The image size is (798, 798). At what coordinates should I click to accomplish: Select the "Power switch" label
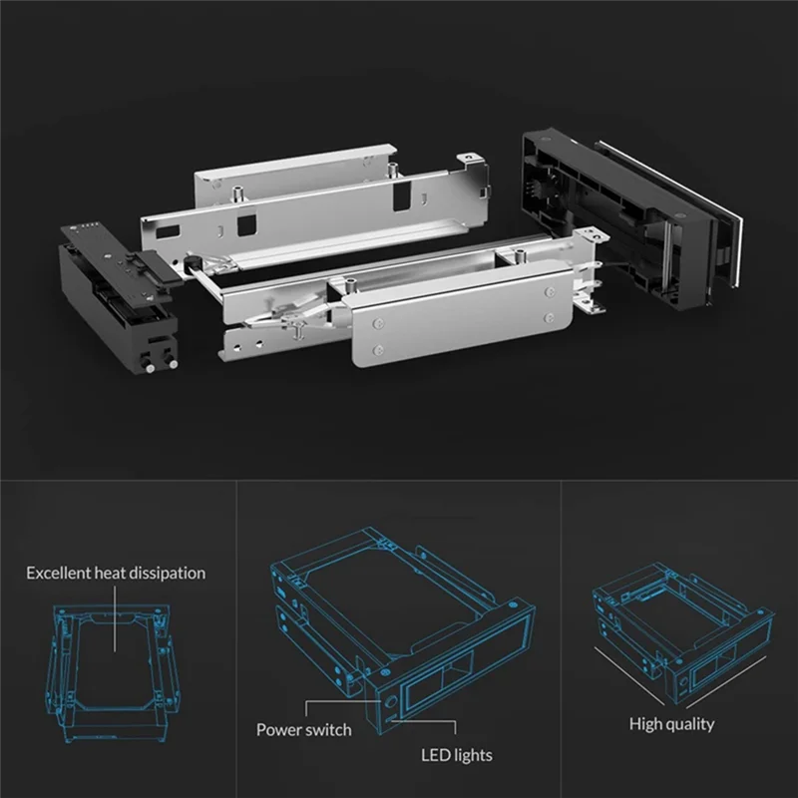[303, 729]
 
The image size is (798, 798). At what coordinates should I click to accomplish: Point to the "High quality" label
[671, 723]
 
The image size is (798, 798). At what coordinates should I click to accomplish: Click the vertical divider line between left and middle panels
[236, 638]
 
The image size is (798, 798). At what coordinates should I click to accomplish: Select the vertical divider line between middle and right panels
[562, 638]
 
